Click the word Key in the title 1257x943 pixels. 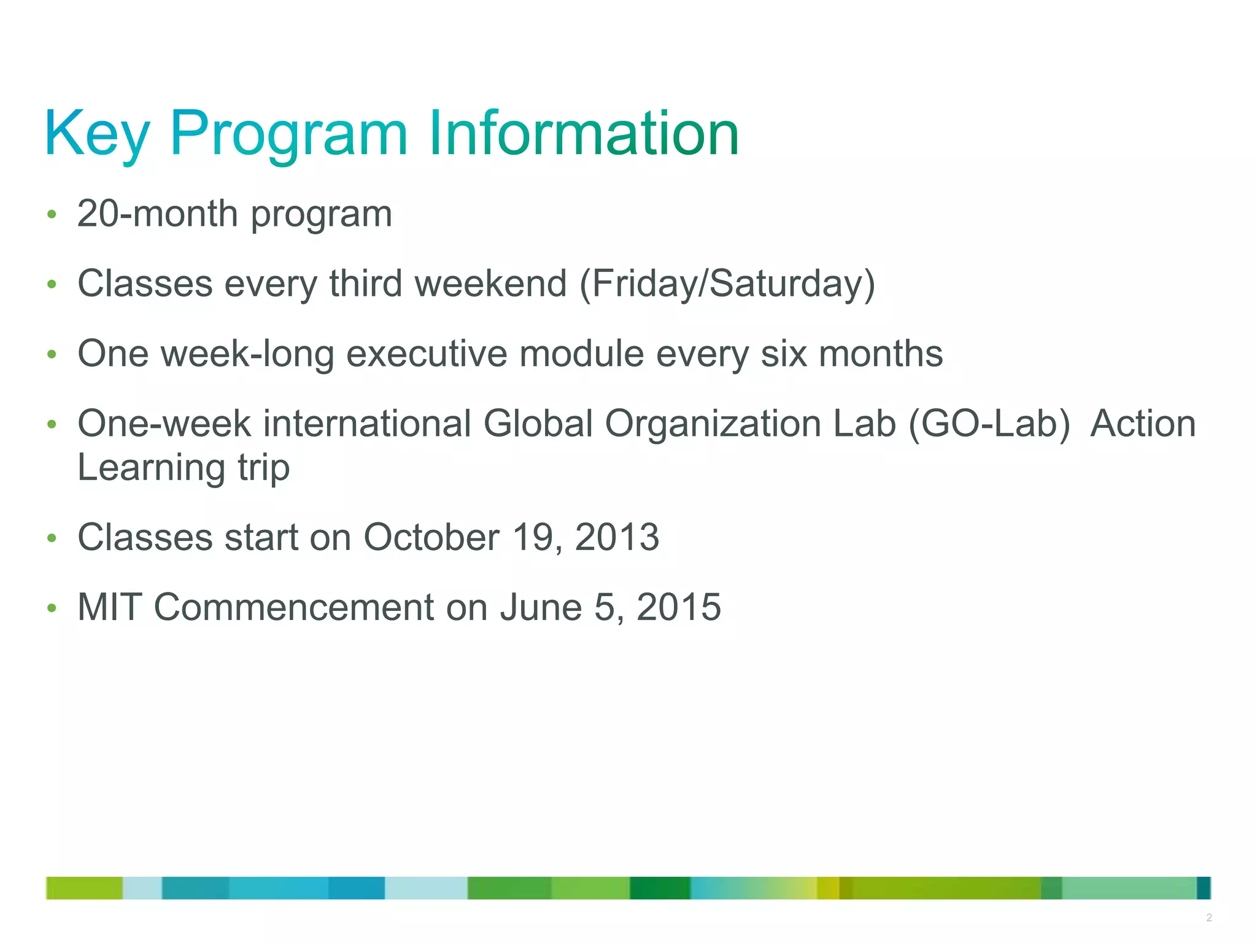tap(97, 134)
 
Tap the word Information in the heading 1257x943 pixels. tap(583, 134)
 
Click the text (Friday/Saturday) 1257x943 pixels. tap(727, 284)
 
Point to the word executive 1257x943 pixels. tap(427, 354)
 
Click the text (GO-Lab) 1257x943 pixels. tap(989, 424)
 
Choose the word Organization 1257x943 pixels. tap(713, 424)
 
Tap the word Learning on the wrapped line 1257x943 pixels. tap(151, 468)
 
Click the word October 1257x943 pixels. tap(431, 538)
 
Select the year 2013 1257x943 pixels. tap(617, 538)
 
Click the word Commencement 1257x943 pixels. tap(294, 608)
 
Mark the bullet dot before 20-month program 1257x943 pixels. tap(52, 215)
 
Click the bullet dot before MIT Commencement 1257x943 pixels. tap(52, 608)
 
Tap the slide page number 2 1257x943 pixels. tap(1209, 918)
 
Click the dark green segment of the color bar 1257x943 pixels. tap(660, 888)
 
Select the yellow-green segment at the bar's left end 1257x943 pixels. tap(84, 888)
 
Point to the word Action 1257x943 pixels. tap(1143, 424)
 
